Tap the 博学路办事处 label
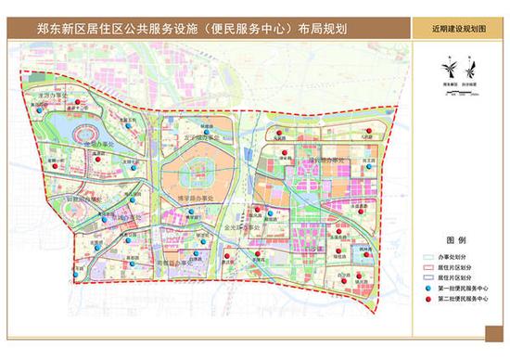(186, 198)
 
